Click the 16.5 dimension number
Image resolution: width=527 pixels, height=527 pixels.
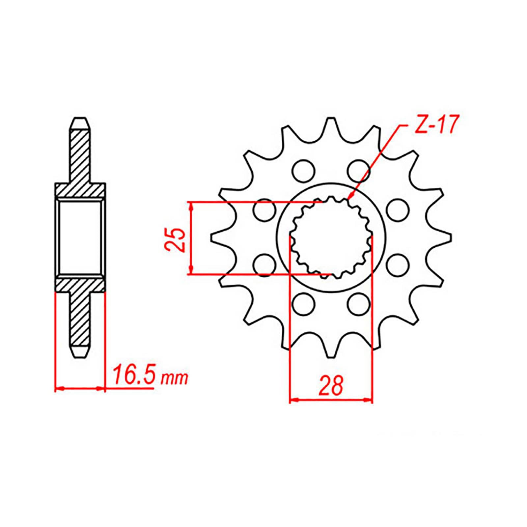133,376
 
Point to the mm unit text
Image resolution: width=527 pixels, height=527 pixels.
174,379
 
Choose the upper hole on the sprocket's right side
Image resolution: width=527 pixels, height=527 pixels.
397,209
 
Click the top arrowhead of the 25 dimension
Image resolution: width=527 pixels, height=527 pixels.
190,206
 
